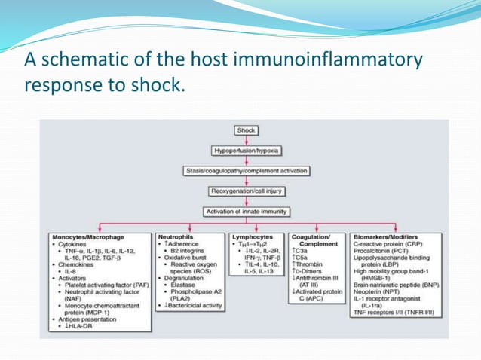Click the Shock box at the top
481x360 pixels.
[x=246, y=130]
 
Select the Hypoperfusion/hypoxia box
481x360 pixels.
[x=246, y=151]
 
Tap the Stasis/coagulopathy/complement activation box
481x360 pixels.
[x=246, y=171]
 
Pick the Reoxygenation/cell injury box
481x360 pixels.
[x=246, y=191]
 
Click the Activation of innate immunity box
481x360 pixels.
[x=246, y=212]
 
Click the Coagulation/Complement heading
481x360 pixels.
[x=314, y=240]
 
